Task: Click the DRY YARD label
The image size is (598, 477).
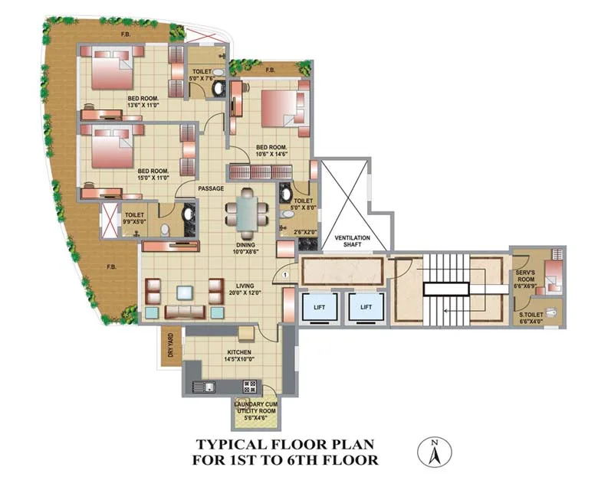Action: [x=170, y=346]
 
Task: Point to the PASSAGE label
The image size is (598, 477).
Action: [x=210, y=188]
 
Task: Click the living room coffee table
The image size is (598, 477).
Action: [x=185, y=292]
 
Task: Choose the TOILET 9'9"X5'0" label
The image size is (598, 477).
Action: [x=135, y=221]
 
